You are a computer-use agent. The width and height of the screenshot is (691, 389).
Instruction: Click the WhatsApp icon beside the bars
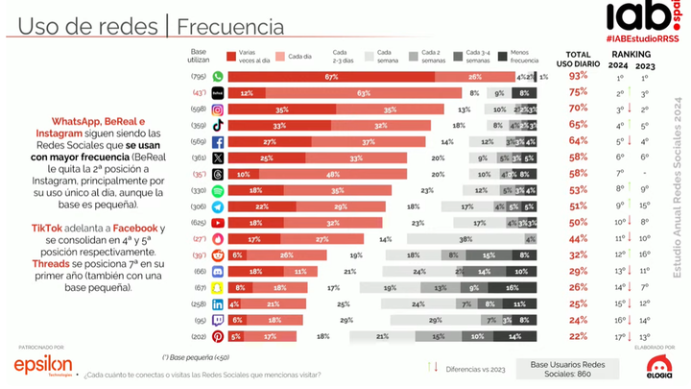pos(218,76)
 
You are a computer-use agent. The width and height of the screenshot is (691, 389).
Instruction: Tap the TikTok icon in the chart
pos(218,125)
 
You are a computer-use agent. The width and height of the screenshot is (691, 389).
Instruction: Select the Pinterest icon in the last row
pos(218,336)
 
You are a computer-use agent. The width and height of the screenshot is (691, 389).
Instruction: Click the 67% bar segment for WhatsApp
pos(331,76)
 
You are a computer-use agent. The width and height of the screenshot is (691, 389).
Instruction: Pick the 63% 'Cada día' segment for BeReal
pos(363,92)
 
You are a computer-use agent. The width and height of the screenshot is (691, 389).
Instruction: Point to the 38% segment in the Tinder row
pos(465,237)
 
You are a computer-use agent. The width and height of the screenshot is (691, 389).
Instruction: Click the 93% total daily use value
pos(578,76)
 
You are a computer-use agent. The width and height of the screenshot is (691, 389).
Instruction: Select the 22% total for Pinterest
pos(578,336)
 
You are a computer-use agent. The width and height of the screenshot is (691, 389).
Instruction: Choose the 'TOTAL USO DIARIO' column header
pos(578,59)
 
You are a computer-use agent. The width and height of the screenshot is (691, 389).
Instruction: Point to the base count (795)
pos(199,76)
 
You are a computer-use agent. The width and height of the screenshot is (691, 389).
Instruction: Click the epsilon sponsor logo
pos(42,365)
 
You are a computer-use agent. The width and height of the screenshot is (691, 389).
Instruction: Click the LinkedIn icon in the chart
pos(218,304)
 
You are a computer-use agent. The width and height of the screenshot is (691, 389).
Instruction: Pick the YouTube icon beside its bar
pos(218,222)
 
